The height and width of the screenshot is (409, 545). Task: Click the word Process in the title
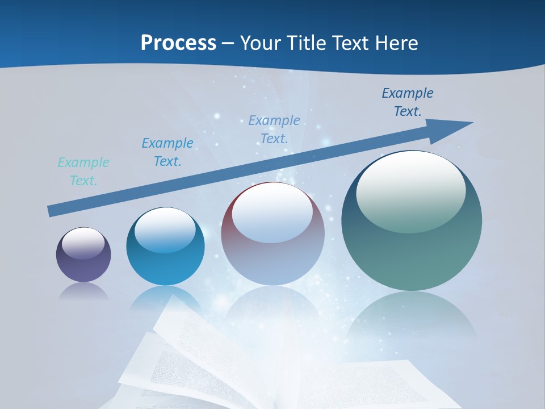178,43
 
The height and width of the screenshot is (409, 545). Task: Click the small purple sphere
83,254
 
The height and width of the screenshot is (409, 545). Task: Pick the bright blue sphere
165,247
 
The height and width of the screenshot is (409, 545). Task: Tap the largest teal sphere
412,221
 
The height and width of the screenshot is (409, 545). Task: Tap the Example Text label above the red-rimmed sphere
274,130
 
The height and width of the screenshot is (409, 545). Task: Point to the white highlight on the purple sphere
83,243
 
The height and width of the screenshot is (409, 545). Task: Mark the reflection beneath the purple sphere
83,291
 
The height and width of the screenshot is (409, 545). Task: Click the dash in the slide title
228,43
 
